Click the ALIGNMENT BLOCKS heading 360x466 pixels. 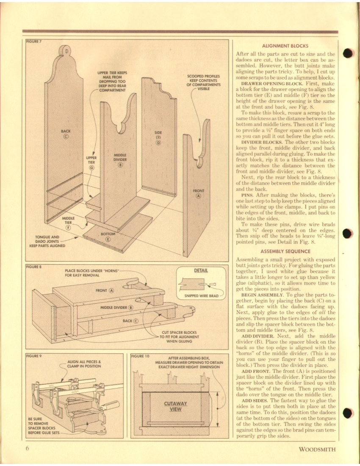click(285, 46)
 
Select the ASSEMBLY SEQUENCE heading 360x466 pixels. click(285, 251)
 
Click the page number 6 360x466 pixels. click(26, 449)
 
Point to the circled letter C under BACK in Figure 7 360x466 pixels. click(66, 136)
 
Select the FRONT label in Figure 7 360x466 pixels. click(199, 191)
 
